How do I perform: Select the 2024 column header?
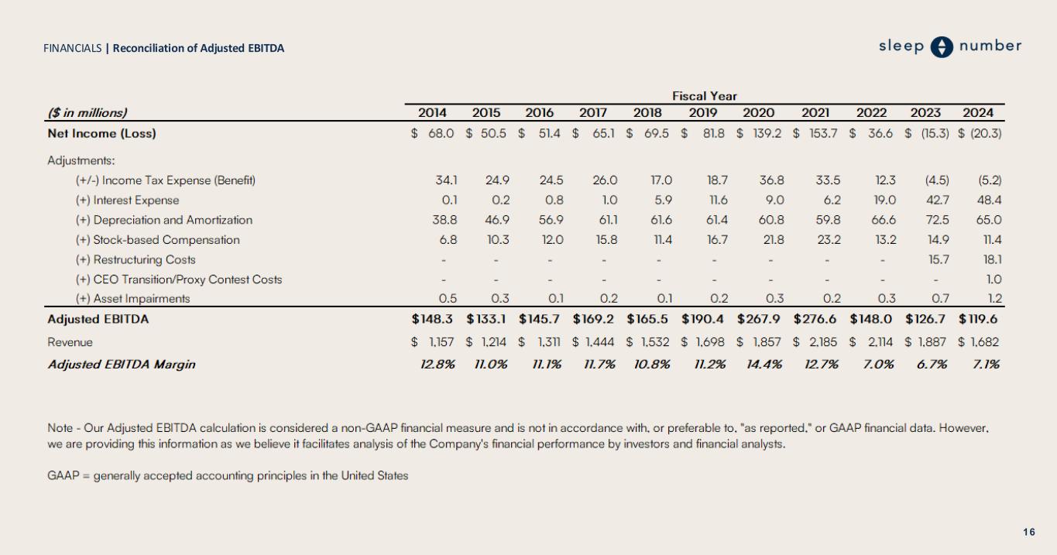(x=978, y=113)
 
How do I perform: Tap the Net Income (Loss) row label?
(x=101, y=133)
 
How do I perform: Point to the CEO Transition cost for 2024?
(x=994, y=279)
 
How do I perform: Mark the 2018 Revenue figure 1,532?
(x=654, y=342)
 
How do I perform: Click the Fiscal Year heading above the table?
(x=704, y=96)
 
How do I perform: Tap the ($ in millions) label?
(x=88, y=113)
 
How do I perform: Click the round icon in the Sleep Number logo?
(x=942, y=46)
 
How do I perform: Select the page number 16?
(x=1028, y=532)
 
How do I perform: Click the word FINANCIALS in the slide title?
(x=72, y=48)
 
